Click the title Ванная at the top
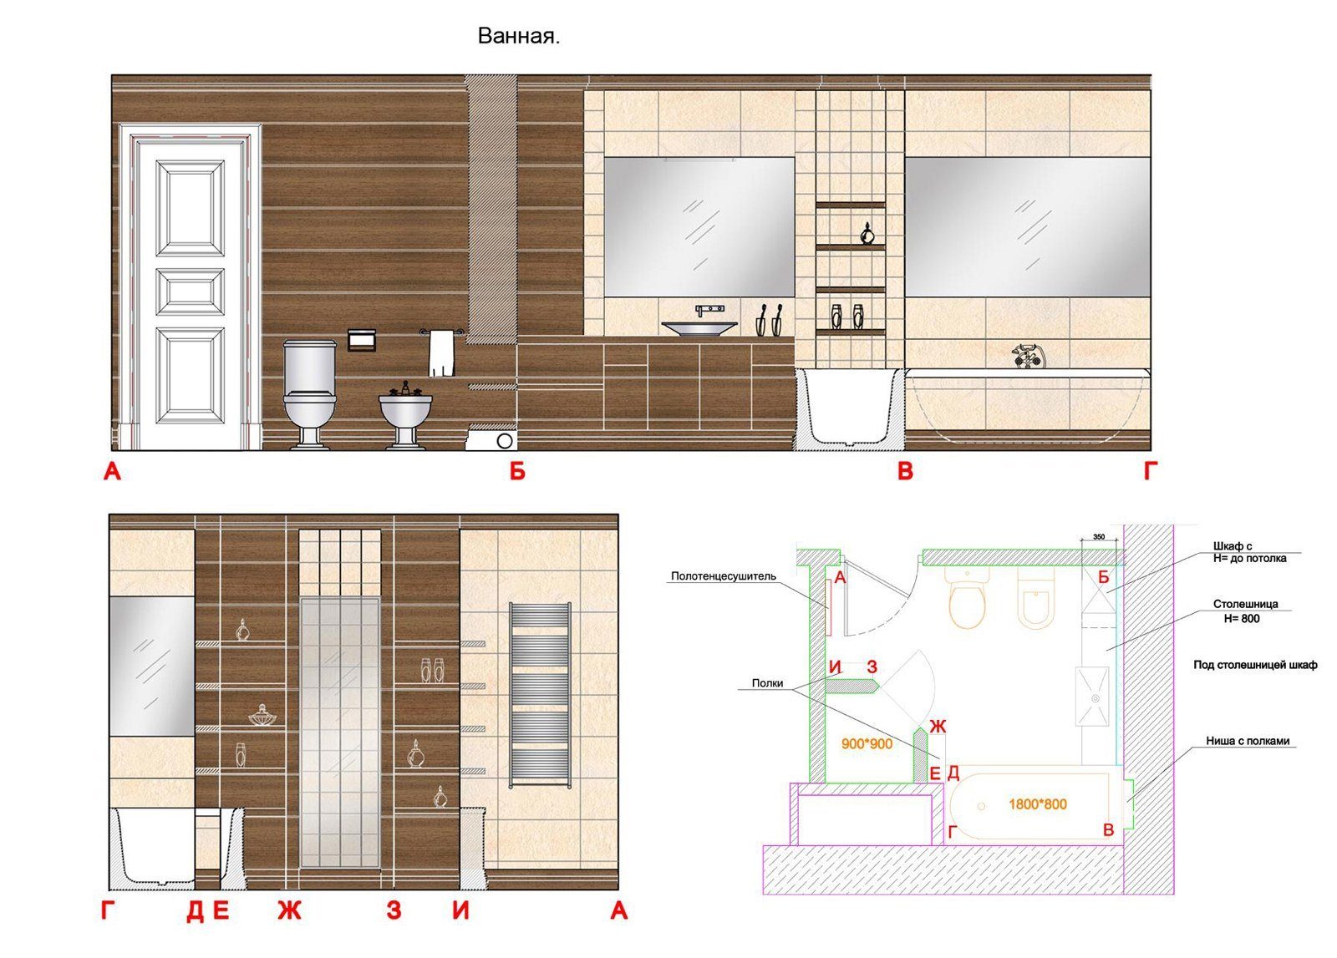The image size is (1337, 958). pos(518,37)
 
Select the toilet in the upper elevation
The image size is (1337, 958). pos(309,393)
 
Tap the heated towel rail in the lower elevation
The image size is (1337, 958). pos(540,694)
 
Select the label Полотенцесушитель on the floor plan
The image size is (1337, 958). pos(724,576)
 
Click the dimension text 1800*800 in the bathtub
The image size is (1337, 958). pos(1037,804)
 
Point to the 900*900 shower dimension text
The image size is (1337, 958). pos(867,744)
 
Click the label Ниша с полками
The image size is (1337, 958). pos(1248,741)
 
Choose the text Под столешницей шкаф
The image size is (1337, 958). pos(1255,665)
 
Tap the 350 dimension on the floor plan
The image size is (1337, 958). pos(1098,537)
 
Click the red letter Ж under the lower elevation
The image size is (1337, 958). pos(289,911)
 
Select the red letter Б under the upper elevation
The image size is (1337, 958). pos(517,471)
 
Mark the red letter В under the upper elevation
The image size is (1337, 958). pos(906,471)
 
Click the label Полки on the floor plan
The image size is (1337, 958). pos(767,683)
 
